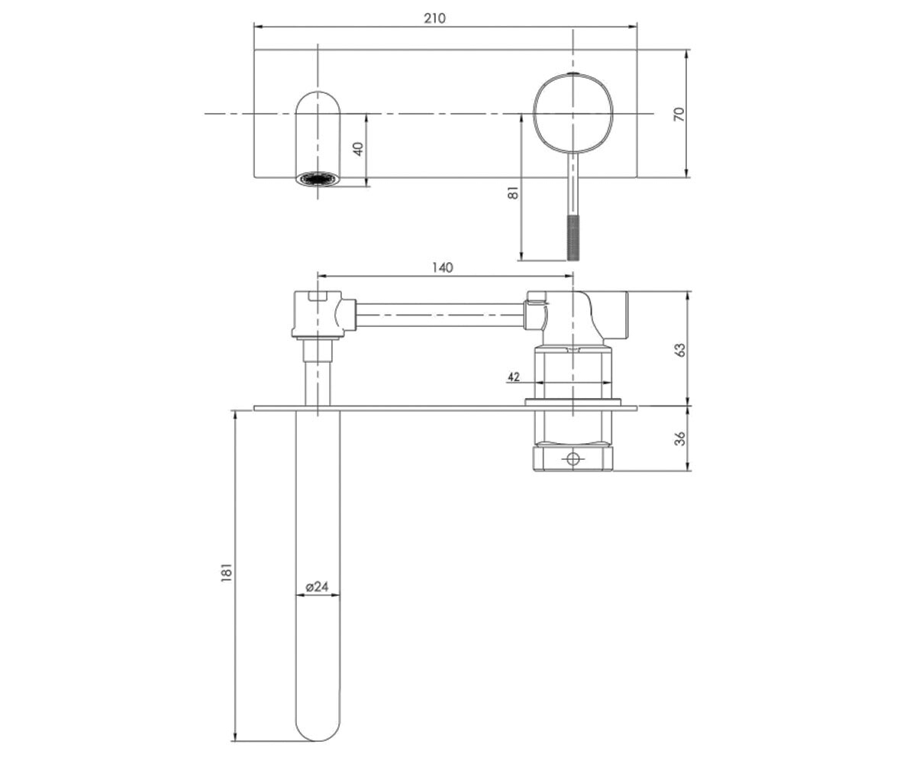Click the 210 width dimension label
click(x=434, y=18)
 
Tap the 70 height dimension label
click(x=679, y=114)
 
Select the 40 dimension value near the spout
click(x=359, y=149)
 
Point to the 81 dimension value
click(x=513, y=193)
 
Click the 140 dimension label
click(x=442, y=267)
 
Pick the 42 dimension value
click(x=514, y=377)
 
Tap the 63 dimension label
click(x=679, y=350)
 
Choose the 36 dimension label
click(x=679, y=439)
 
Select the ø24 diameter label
click(x=317, y=587)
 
